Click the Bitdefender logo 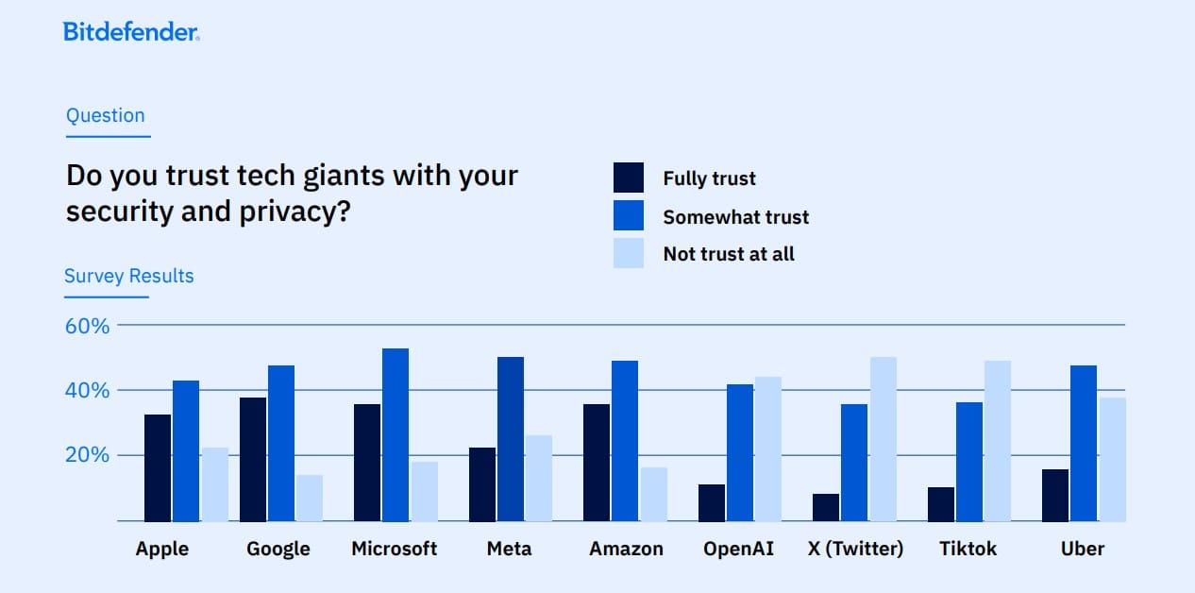pos(131,32)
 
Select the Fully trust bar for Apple pos(158,467)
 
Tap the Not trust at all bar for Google pos(310,498)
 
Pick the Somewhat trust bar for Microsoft pos(396,434)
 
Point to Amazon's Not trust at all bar pos(653,494)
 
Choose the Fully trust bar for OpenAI pos(712,502)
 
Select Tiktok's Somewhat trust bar pos(969,461)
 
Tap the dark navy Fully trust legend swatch pos(629,178)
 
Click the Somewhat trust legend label pos(735,217)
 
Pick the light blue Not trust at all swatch pos(629,253)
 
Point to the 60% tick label pos(88,326)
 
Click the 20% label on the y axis pos(88,455)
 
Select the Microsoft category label pos(395,549)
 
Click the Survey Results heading pos(129,277)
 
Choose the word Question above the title pos(106,116)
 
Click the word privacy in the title pos(282,211)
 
